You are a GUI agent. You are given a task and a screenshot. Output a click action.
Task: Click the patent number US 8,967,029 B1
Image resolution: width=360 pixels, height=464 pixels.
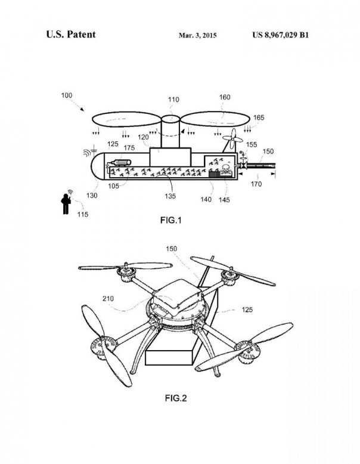pos(281,35)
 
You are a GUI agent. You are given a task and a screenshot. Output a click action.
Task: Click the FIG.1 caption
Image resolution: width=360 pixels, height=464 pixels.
pos(171,220)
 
